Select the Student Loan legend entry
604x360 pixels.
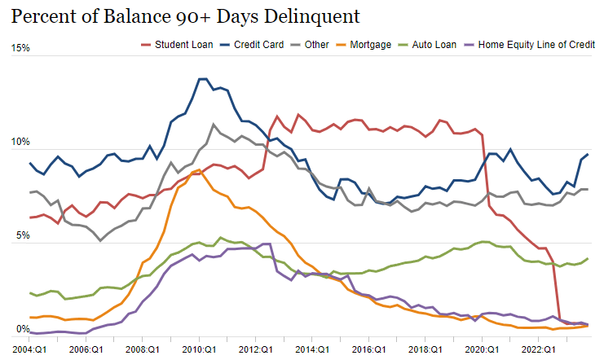pyautogui.click(x=177, y=44)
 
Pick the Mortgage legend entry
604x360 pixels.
pyautogui.click(x=364, y=44)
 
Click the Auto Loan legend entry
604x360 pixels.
pyautogui.click(x=430, y=44)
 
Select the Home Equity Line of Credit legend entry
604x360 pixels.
pyautogui.click(x=529, y=44)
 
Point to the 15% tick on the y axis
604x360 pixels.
pyautogui.click(x=20, y=48)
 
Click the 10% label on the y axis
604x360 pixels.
pyautogui.click(x=20, y=143)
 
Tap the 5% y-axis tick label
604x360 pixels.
pyautogui.click(x=23, y=236)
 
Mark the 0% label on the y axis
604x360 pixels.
pyautogui.click(x=23, y=330)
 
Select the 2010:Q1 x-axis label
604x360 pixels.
pyautogui.click(x=198, y=349)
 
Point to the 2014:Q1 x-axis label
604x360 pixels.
pyautogui.click(x=312, y=349)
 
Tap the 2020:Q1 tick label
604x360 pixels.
pyautogui.click(x=482, y=349)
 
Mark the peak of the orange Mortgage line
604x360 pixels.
pyautogui.click(x=199, y=170)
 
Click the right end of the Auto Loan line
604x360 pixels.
pyautogui.click(x=588, y=258)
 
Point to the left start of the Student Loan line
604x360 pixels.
pyautogui.click(x=30, y=217)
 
